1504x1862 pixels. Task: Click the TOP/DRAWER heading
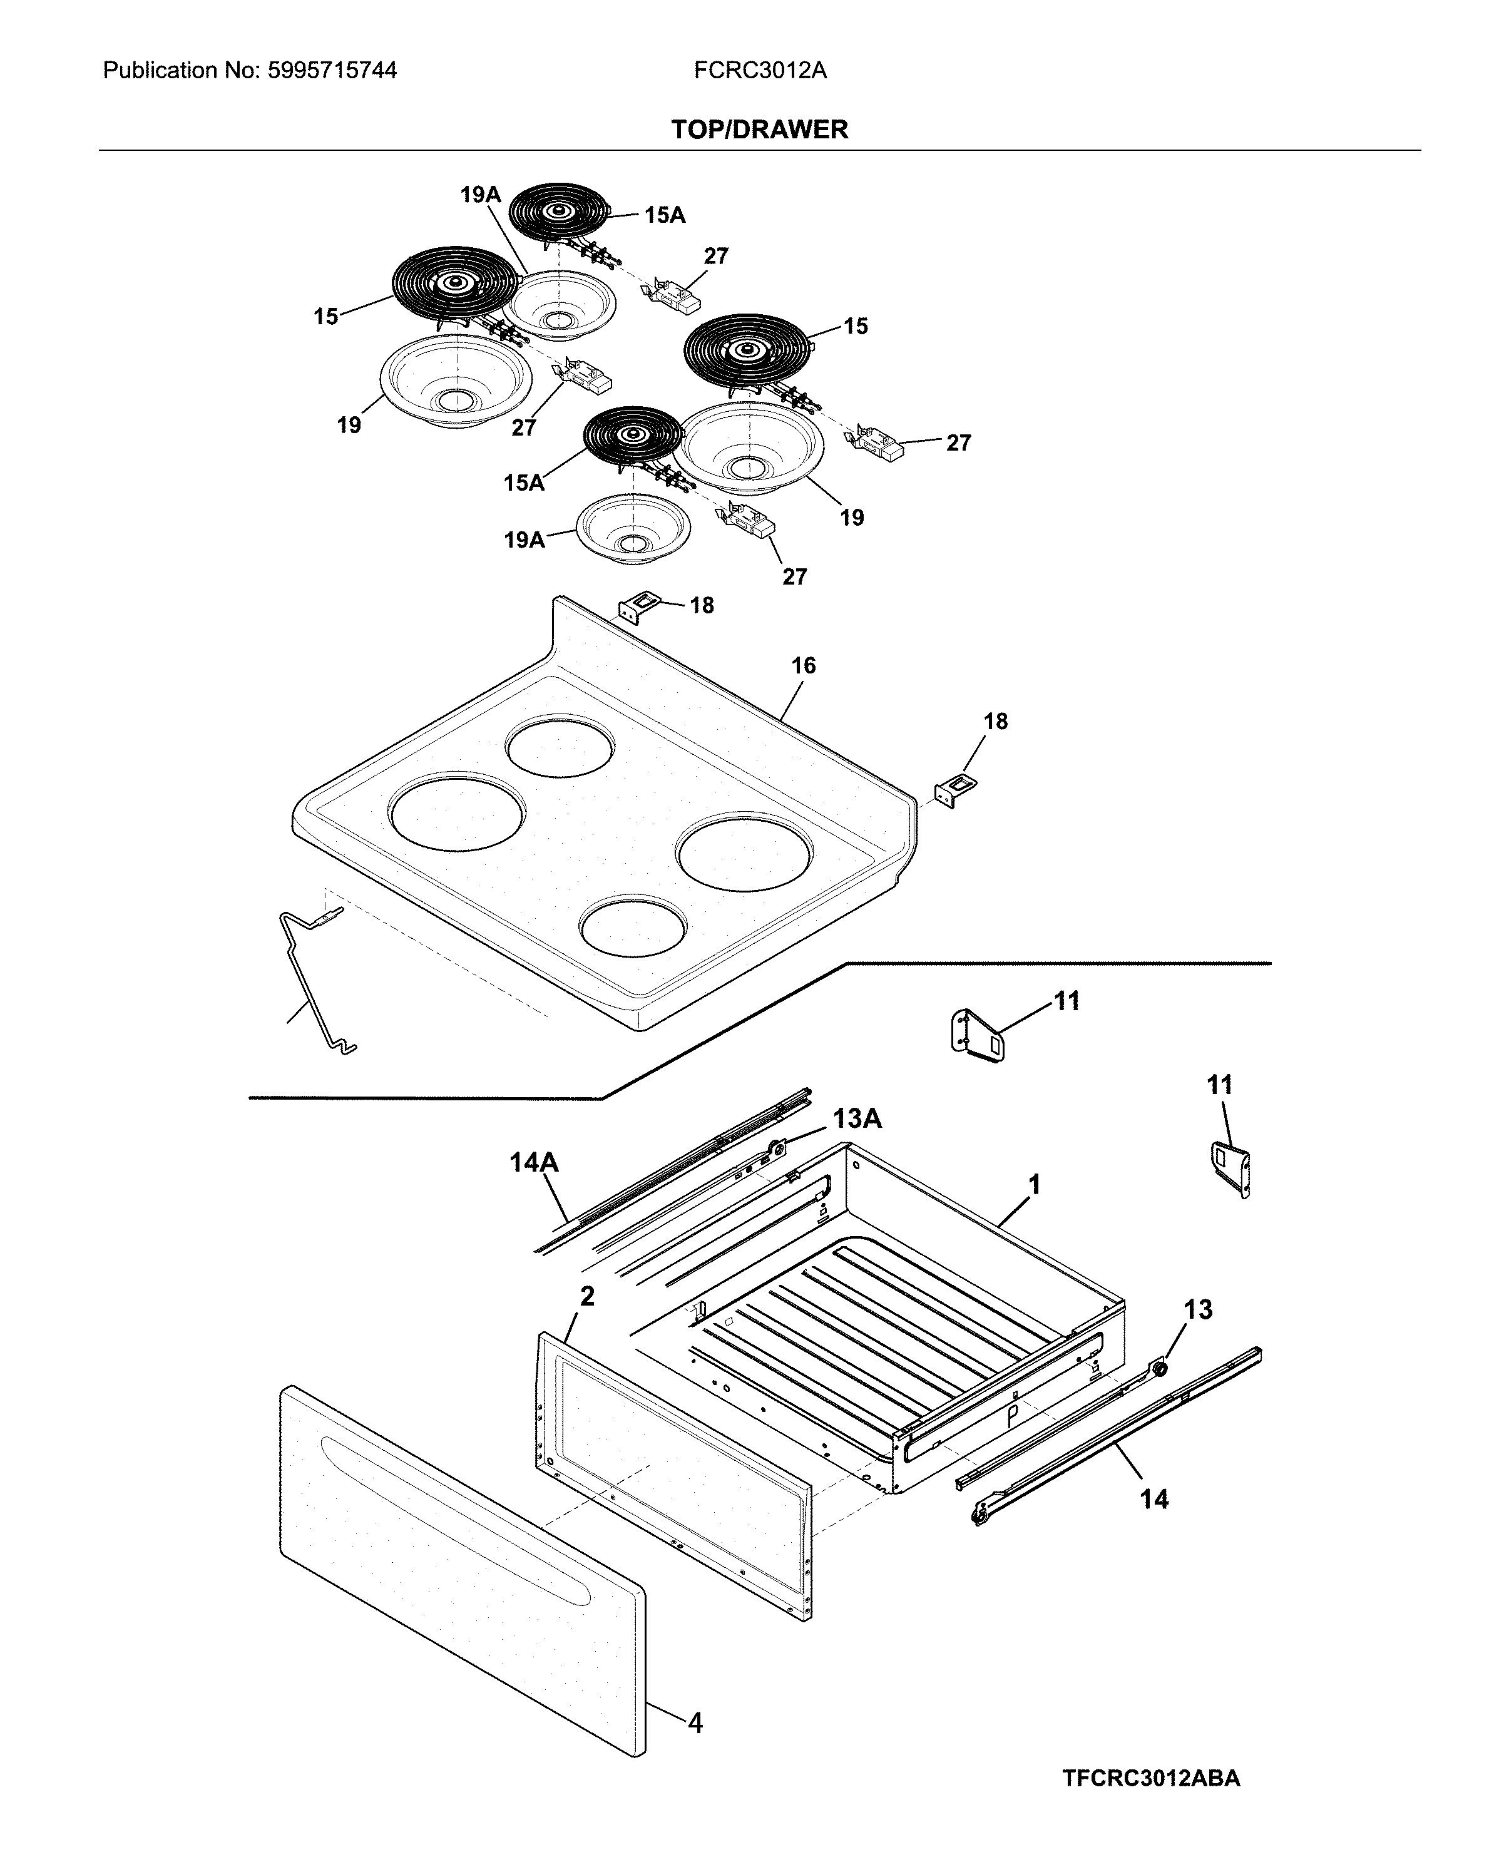click(x=759, y=130)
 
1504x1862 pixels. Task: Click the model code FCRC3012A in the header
click(x=760, y=70)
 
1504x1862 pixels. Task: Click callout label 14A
click(x=534, y=1163)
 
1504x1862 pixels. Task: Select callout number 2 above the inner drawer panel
click(x=587, y=1296)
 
